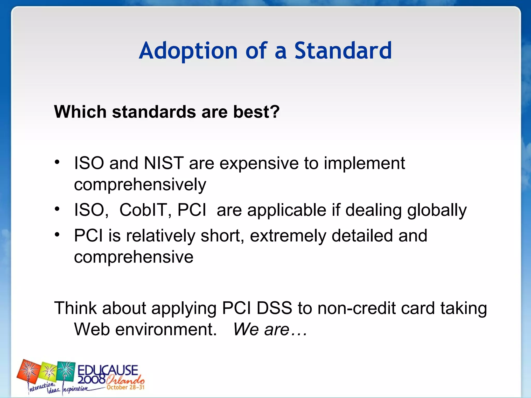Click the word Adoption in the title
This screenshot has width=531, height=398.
coord(188,51)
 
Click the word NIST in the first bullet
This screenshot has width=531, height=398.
coord(164,163)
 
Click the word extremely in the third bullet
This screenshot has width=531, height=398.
coord(288,236)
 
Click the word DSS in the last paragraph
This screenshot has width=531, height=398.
coord(274,308)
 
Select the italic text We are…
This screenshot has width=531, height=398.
coord(270,330)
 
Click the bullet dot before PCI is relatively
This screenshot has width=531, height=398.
coord(57,235)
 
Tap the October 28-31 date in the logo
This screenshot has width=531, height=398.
coord(125,387)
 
